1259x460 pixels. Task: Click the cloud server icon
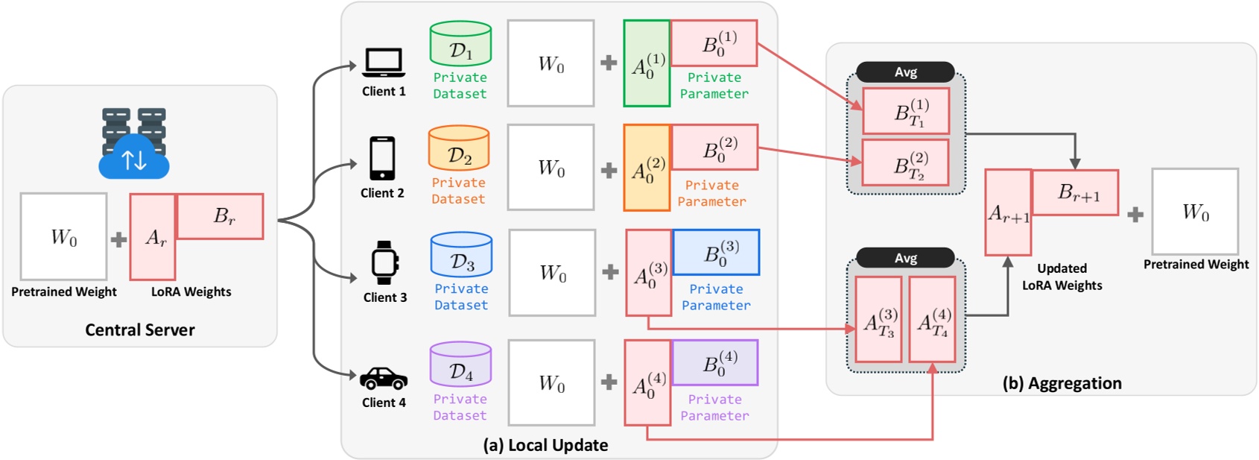coord(134,143)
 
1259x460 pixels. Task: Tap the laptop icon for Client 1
coord(384,63)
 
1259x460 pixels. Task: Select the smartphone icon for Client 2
coord(382,158)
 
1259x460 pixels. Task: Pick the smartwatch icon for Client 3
coord(384,262)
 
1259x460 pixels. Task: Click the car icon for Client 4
coord(384,379)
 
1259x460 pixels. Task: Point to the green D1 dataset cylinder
coord(460,44)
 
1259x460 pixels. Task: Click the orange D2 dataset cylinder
coord(459,148)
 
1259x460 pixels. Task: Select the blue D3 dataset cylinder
coord(461,255)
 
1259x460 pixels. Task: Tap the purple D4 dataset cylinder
coord(460,365)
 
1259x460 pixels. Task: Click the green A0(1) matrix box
coord(647,64)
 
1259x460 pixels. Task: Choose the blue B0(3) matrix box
coord(716,253)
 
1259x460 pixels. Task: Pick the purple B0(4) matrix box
coord(715,363)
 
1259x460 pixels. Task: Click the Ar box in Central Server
coord(153,237)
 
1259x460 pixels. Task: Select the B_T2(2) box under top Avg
coord(905,163)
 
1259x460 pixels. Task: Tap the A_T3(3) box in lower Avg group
coord(878,320)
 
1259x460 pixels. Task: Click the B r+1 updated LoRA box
coord(1075,193)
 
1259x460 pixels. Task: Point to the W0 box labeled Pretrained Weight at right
coord(1195,212)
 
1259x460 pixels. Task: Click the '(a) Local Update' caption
coord(545,445)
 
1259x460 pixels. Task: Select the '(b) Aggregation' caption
coord(1062,383)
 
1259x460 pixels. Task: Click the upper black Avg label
coord(905,72)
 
